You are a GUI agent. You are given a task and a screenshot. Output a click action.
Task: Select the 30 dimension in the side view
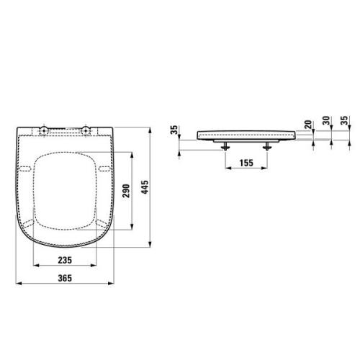(x=325, y=124)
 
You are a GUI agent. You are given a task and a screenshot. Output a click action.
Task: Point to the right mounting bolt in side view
(x=269, y=145)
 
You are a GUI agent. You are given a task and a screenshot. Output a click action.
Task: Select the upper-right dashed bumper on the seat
(x=104, y=169)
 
